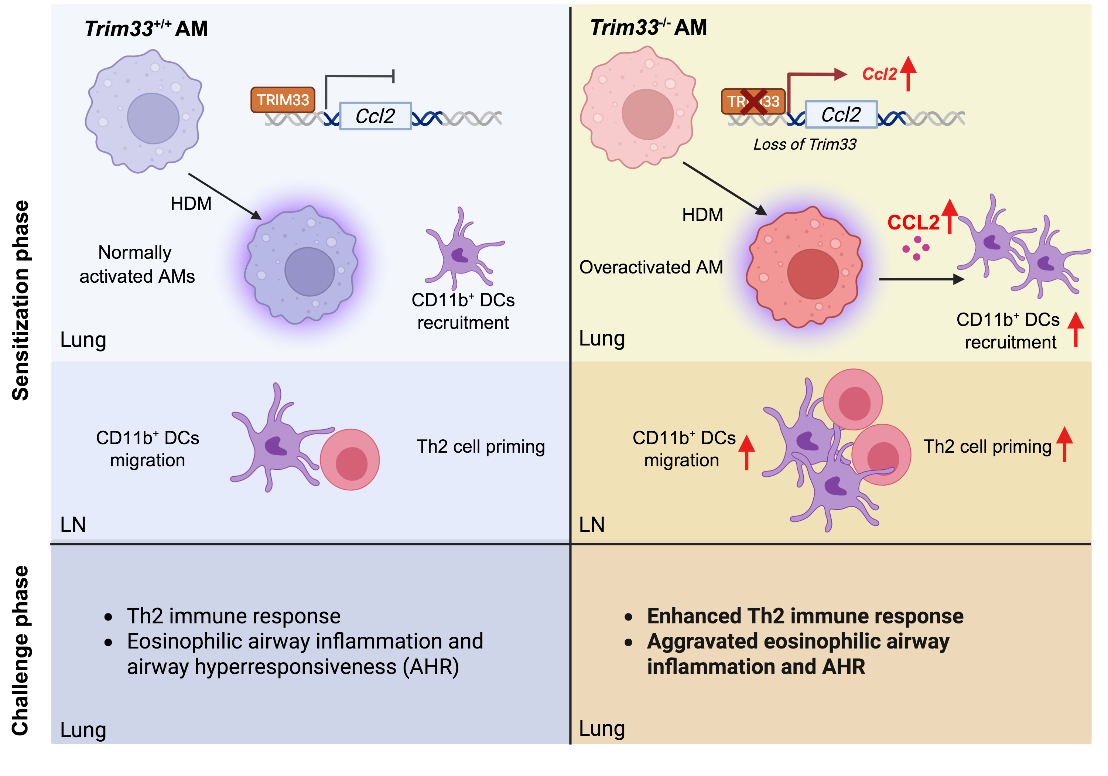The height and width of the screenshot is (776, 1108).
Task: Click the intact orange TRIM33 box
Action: click(x=283, y=100)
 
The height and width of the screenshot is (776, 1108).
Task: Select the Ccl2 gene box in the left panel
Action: click(x=376, y=116)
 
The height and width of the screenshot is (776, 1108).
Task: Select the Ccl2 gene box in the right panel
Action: click(x=841, y=115)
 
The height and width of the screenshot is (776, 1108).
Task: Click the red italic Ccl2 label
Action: click(x=879, y=74)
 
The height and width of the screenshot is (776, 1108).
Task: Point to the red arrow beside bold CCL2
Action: click(x=950, y=216)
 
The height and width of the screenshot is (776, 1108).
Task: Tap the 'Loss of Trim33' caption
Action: click(x=805, y=144)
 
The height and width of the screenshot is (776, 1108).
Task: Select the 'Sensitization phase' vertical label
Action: click(x=20, y=300)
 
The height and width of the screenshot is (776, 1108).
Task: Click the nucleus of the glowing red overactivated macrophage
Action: click(x=813, y=274)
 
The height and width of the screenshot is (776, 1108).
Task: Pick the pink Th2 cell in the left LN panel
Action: click(x=350, y=460)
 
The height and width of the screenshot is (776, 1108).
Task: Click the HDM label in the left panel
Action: click(x=191, y=204)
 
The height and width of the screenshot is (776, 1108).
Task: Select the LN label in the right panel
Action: click(x=592, y=524)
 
